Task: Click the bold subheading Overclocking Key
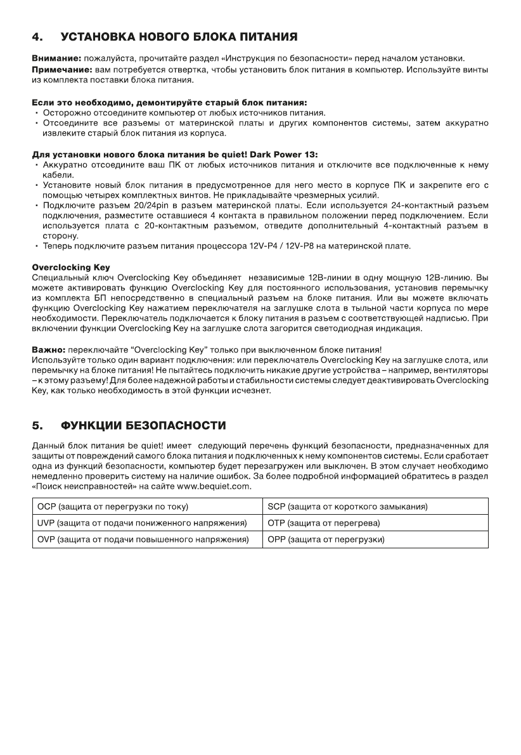(70, 268)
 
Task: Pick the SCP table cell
(376, 507)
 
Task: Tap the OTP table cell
(376, 523)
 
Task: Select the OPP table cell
(376, 539)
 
